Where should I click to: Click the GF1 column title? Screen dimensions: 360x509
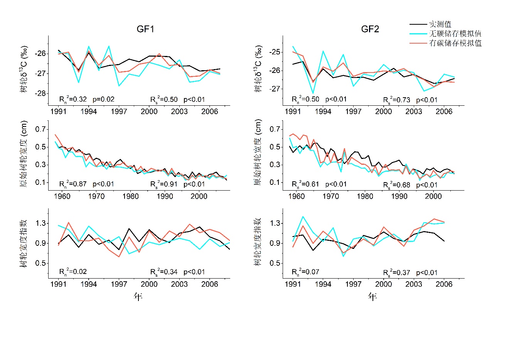[145, 29]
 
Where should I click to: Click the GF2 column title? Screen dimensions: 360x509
[370, 29]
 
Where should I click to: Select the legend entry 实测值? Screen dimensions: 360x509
[440, 24]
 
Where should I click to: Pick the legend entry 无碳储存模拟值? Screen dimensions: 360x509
[455, 34]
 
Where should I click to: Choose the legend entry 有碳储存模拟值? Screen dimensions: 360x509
[455, 43]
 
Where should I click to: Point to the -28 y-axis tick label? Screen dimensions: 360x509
[40, 93]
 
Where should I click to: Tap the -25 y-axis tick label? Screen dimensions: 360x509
[275, 52]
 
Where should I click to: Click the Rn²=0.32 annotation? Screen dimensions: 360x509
[73, 99]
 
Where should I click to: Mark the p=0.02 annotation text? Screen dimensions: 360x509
[103, 99]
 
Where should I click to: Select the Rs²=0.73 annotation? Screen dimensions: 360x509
[396, 100]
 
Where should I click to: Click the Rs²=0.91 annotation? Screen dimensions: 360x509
[164, 184]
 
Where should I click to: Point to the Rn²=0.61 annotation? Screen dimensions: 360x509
[305, 184]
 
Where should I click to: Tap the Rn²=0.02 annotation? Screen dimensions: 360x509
[73, 272]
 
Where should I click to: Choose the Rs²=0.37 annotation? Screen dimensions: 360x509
[396, 273]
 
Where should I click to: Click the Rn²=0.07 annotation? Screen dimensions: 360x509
[305, 272]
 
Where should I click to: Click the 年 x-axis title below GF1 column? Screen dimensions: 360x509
[138, 296]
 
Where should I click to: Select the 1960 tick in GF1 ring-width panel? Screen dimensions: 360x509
[62, 196]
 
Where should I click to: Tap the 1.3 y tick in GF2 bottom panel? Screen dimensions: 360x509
[275, 223]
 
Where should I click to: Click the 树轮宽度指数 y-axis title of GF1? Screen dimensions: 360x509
[24, 243]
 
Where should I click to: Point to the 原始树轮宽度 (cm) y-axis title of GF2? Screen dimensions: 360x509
[258, 152]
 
